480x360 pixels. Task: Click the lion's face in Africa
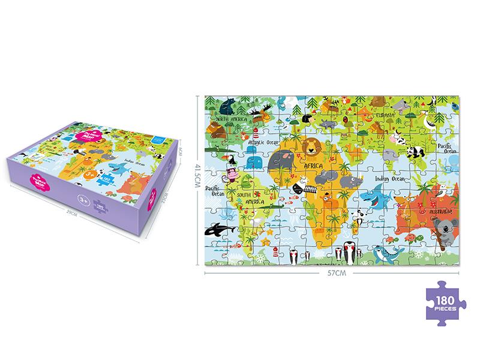click(313, 145)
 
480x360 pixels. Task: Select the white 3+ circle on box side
click(80, 195)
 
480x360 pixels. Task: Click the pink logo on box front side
click(35, 178)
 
